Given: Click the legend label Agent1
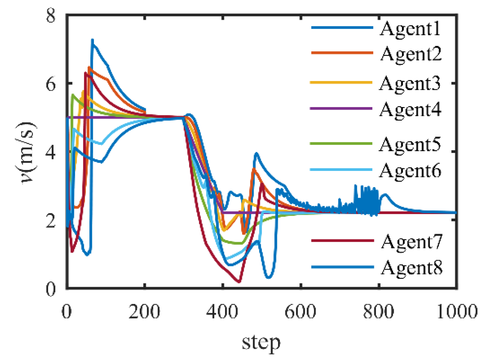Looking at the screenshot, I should [410, 29].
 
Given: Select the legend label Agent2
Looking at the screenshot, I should [411, 54].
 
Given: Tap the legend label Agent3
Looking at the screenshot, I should [410, 83].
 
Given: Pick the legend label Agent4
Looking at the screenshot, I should [410, 109].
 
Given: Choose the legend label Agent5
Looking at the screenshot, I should [410, 145].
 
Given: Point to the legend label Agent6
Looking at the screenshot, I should [410, 171].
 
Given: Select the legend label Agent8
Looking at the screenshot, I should [412, 267].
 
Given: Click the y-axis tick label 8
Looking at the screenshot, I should [51, 15].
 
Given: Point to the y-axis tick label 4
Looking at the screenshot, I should [51, 152].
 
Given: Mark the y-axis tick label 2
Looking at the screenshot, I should [51, 221].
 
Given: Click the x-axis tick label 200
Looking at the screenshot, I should [144, 311].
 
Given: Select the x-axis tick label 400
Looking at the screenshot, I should [222, 311].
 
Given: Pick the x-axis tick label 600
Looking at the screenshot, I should [300, 311].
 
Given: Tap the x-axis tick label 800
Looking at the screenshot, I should [379, 311].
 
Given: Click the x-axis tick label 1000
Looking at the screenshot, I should [457, 311].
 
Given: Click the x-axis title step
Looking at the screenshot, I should [261, 343].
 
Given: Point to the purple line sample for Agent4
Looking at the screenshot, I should [341, 108].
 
